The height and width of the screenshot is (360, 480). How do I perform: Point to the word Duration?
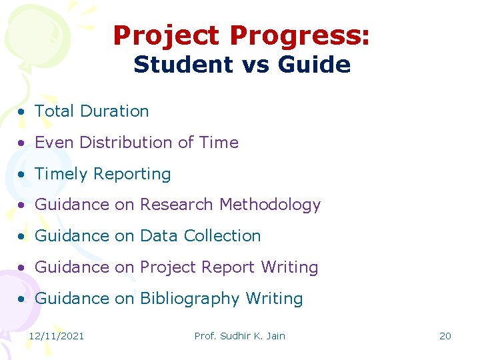pos(115,111)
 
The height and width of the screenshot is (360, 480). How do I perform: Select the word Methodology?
pos(271,205)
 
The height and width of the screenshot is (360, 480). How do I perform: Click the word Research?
pos(177,205)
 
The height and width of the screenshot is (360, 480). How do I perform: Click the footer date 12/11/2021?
pos(57,336)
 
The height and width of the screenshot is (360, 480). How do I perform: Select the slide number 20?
pos(445,336)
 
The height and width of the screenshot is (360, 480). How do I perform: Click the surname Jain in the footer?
pos(274,336)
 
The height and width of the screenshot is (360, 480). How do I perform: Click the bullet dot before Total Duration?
pos(23,112)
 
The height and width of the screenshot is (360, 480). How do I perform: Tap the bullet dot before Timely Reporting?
pos(23,175)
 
